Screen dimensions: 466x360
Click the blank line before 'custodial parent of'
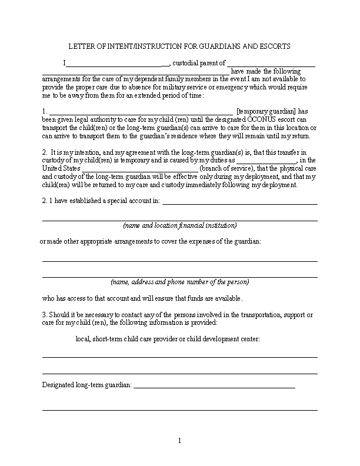pyautogui.click(x=118, y=63)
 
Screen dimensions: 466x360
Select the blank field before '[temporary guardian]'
pyautogui.click(x=141, y=111)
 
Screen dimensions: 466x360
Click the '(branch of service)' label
pyautogui.click(x=228, y=168)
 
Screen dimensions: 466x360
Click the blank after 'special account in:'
pyautogui.click(x=239, y=201)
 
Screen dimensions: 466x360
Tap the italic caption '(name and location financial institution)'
pyautogui.click(x=179, y=226)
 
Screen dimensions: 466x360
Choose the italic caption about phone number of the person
pyautogui.click(x=179, y=282)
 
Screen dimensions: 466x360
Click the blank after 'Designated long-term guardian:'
pyautogui.click(x=215, y=386)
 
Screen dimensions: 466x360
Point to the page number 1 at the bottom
pyautogui.click(x=180, y=441)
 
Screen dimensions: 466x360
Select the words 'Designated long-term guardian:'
pyautogui.click(x=88, y=386)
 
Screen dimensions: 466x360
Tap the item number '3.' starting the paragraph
pyautogui.click(x=45, y=314)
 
